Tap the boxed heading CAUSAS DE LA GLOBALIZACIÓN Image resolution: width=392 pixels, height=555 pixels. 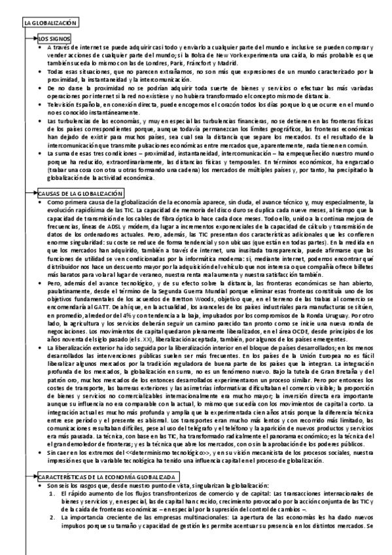tap(80, 194)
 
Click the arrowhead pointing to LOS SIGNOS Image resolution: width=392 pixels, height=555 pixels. tap(34, 39)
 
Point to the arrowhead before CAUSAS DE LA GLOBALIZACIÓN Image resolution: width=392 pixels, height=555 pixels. tap(34, 194)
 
